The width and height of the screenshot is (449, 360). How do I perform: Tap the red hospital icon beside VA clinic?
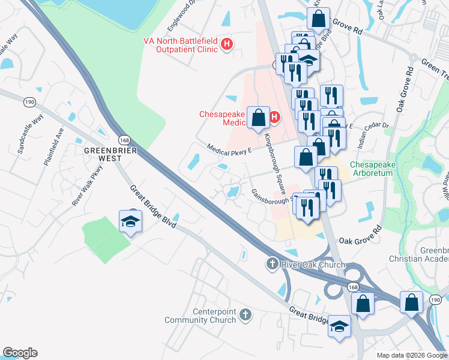click(227, 44)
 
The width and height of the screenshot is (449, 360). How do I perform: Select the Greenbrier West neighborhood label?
click(111, 154)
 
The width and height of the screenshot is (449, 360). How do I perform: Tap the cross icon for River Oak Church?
click(271, 264)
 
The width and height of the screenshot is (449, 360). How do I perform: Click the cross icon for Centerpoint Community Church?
click(244, 314)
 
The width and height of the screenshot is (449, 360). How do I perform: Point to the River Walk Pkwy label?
click(88, 185)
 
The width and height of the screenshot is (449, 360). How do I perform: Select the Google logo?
click(20, 353)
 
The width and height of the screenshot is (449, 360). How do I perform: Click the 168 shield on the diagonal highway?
click(124, 139)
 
